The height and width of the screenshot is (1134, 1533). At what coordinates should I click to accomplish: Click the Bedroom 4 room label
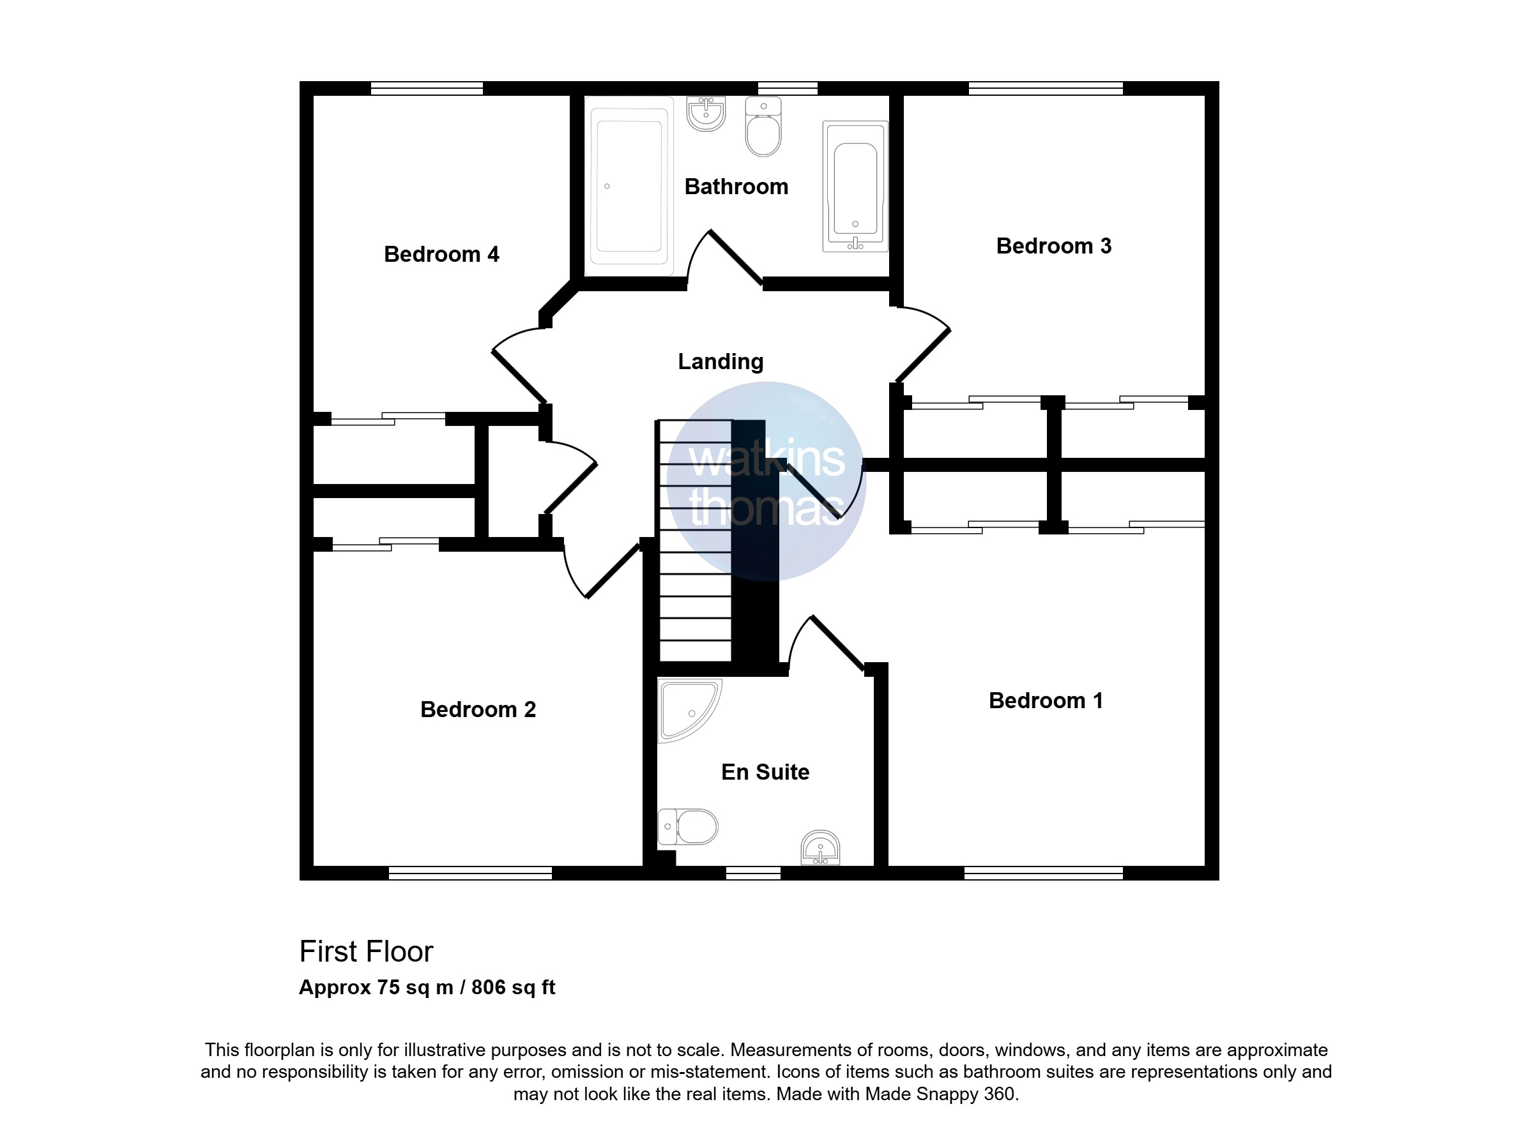coord(441,255)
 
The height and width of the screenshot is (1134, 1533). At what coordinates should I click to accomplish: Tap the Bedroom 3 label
coord(1054,246)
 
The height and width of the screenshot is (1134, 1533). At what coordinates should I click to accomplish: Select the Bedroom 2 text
coord(478,709)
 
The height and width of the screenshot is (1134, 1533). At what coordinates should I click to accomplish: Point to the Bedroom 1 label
coord(1046,700)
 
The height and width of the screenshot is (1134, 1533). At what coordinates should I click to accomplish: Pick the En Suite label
coord(765,771)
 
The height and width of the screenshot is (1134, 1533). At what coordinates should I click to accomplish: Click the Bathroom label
coord(736,186)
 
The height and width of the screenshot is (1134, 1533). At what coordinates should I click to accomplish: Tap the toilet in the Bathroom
coord(763,127)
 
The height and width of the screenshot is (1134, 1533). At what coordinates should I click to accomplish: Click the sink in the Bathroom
coord(706,114)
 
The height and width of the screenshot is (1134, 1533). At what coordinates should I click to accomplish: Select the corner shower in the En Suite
coord(689,711)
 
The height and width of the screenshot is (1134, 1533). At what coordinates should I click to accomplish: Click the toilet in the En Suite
coord(688,826)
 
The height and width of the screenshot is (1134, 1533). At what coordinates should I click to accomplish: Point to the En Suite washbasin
coord(820,849)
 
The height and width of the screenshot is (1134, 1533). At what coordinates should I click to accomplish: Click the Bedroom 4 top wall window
coord(427,88)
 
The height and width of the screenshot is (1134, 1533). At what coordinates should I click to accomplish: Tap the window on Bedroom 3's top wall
coord(1046,88)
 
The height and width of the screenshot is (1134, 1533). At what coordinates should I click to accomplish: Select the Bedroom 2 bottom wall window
coord(470,873)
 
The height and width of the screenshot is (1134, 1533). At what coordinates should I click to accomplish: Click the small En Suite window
coord(753,873)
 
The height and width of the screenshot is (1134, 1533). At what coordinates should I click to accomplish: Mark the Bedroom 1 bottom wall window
coord(1044,873)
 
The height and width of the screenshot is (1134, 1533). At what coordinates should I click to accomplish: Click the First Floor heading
coord(366,951)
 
